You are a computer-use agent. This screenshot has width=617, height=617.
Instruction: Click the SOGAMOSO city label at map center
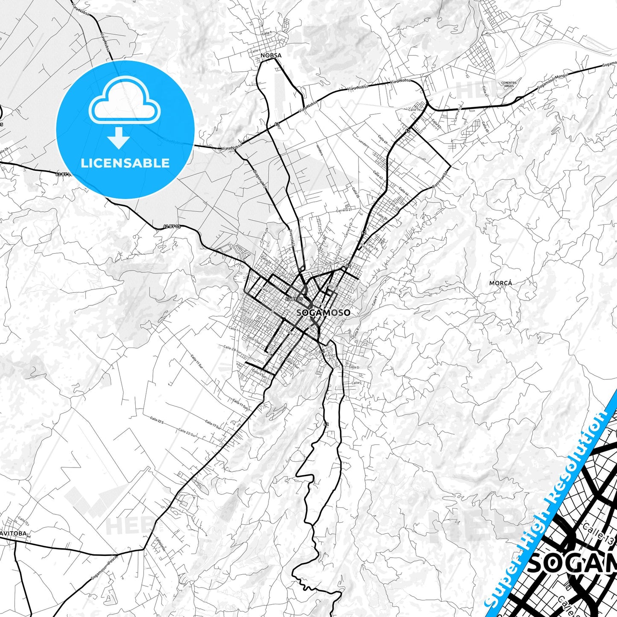tap(323, 313)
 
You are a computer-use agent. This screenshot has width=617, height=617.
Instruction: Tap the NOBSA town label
tap(271, 56)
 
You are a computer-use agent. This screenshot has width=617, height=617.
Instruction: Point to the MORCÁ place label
tap(500, 283)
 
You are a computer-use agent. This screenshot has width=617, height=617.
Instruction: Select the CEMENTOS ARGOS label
tap(509, 84)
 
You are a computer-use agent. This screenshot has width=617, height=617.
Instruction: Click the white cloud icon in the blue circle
tap(124, 105)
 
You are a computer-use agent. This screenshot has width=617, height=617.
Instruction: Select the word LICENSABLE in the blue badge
tap(125, 163)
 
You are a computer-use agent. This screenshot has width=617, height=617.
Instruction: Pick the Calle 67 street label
tap(485, 91)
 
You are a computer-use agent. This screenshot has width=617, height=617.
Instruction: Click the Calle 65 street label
tap(485, 126)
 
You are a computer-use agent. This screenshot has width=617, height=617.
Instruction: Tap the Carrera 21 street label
tap(343, 210)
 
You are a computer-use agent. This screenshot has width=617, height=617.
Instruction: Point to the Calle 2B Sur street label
tap(231, 348)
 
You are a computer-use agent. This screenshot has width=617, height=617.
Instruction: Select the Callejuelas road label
tap(160, 544)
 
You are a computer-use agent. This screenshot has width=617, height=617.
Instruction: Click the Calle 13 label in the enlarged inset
tap(598, 537)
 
